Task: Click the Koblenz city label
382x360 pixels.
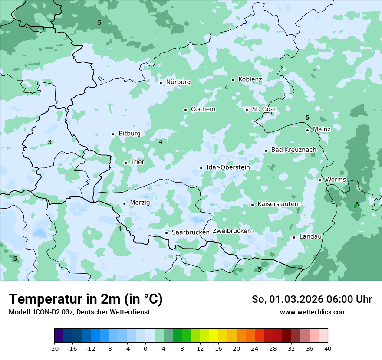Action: [x=250, y=79]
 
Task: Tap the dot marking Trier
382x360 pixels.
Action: [x=125, y=163]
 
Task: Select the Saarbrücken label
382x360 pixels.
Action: [x=191, y=232]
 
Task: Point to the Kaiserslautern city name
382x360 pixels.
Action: [x=279, y=204]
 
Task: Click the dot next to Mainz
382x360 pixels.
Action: [x=307, y=130]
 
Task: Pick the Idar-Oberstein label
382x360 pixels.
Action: [x=228, y=167]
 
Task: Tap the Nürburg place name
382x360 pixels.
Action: [x=178, y=82]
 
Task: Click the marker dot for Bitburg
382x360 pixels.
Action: [x=113, y=134]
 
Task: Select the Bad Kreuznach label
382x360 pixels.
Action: [x=293, y=150]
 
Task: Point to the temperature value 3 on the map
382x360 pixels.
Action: [x=49, y=142]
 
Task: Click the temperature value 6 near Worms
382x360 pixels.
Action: [x=357, y=204]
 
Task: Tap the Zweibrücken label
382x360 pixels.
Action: [x=231, y=231]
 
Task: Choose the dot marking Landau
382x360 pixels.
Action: [x=294, y=237]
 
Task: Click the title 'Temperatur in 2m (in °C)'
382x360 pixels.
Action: [x=86, y=299]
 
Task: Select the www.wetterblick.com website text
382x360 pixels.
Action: [x=313, y=312]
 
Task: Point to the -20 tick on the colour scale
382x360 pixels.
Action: [x=54, y=348]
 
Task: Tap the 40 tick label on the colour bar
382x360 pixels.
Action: [x=328, y=348]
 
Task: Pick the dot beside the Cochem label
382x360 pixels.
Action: [x=185, y=110]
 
